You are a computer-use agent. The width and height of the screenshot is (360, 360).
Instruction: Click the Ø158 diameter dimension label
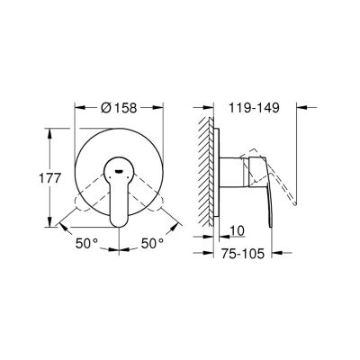click(x=119, y=108)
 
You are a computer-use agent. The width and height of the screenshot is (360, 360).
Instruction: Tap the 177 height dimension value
click(x=50, y=179)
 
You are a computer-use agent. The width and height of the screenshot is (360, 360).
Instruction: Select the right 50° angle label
click(x=152, y=243)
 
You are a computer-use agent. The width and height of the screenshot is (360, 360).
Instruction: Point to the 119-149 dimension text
click(x=255, y=108)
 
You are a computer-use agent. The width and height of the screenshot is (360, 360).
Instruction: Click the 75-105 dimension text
click(x=243, y=254)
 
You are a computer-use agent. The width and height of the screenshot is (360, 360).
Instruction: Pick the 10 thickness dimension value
click(x=238, y=230)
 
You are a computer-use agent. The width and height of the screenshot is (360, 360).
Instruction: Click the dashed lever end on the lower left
click(x=80, y=204)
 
